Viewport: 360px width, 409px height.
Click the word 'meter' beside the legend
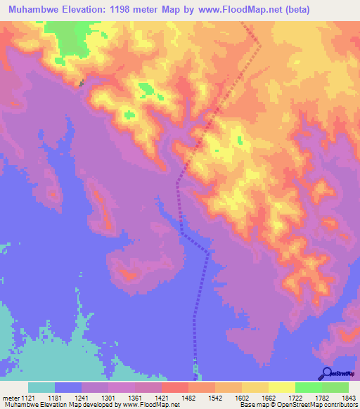(x=8, y=398)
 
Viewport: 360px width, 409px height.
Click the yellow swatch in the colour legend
(x=281, y=387)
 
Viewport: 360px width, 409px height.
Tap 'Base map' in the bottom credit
(x=252, y=405)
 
